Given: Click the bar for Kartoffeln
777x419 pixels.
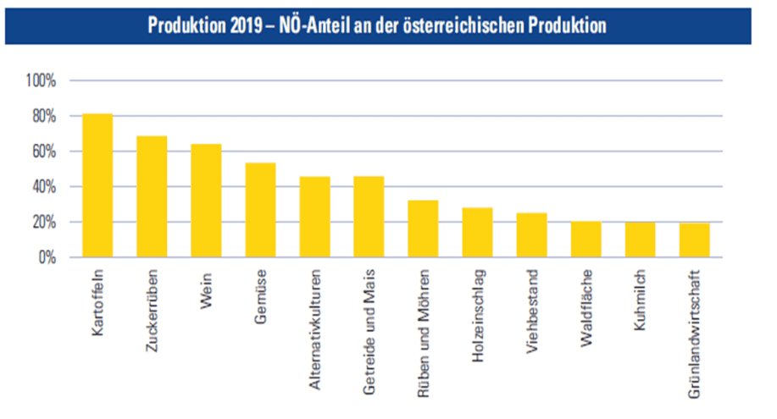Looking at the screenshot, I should (97, 185).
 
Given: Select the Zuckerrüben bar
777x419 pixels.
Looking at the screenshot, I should (152, 196).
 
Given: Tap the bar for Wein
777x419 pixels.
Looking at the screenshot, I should (206, 201).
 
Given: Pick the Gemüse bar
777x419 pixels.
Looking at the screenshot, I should (260, 210).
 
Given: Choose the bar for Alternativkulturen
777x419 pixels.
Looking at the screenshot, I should (314, 217).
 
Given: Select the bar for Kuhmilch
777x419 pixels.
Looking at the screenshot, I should (640, 240).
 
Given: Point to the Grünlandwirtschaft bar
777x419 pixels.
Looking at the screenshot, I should (694, 240).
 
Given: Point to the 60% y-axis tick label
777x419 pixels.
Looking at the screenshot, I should (44, 152).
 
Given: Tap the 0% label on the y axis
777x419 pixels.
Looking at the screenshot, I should (47, 257).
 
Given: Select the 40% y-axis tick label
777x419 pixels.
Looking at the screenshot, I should (44, 187).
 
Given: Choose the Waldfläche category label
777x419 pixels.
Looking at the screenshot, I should (586, 306).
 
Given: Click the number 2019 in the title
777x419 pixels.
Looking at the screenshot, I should (247, 25).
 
